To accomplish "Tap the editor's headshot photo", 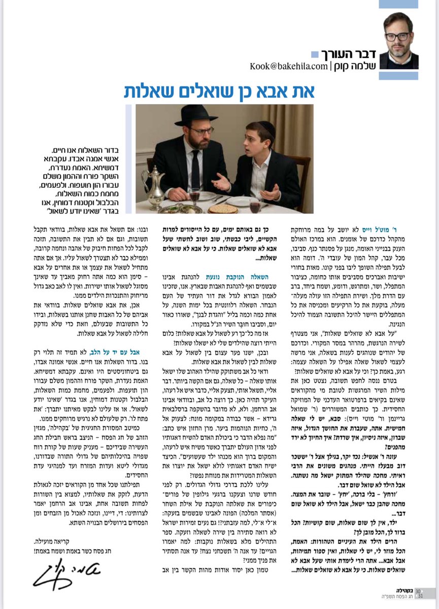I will coord(399,41).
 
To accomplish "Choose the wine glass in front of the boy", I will coord(255,205).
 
